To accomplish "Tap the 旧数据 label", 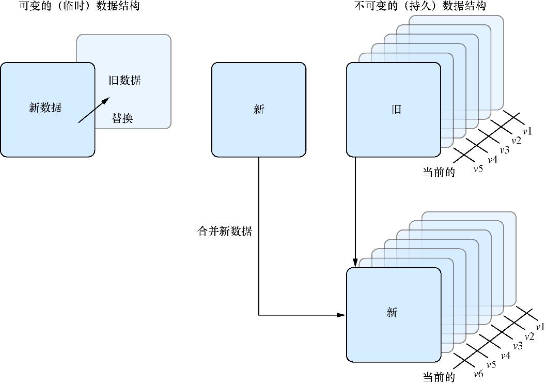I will (124, 81).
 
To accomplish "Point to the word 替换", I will (122, 118).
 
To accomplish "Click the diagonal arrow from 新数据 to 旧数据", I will (93, 110).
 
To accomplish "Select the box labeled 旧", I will (394, 110).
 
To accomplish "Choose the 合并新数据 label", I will (225, 232).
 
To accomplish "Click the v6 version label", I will (478, 374).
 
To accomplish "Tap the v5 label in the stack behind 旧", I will (478, 168).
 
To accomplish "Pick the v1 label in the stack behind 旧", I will (527, 131).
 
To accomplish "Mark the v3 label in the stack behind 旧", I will (504, 150).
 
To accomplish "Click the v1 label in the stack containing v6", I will (540, 327).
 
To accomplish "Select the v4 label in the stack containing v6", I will (505, 356).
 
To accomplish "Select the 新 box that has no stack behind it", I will (259, 110).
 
